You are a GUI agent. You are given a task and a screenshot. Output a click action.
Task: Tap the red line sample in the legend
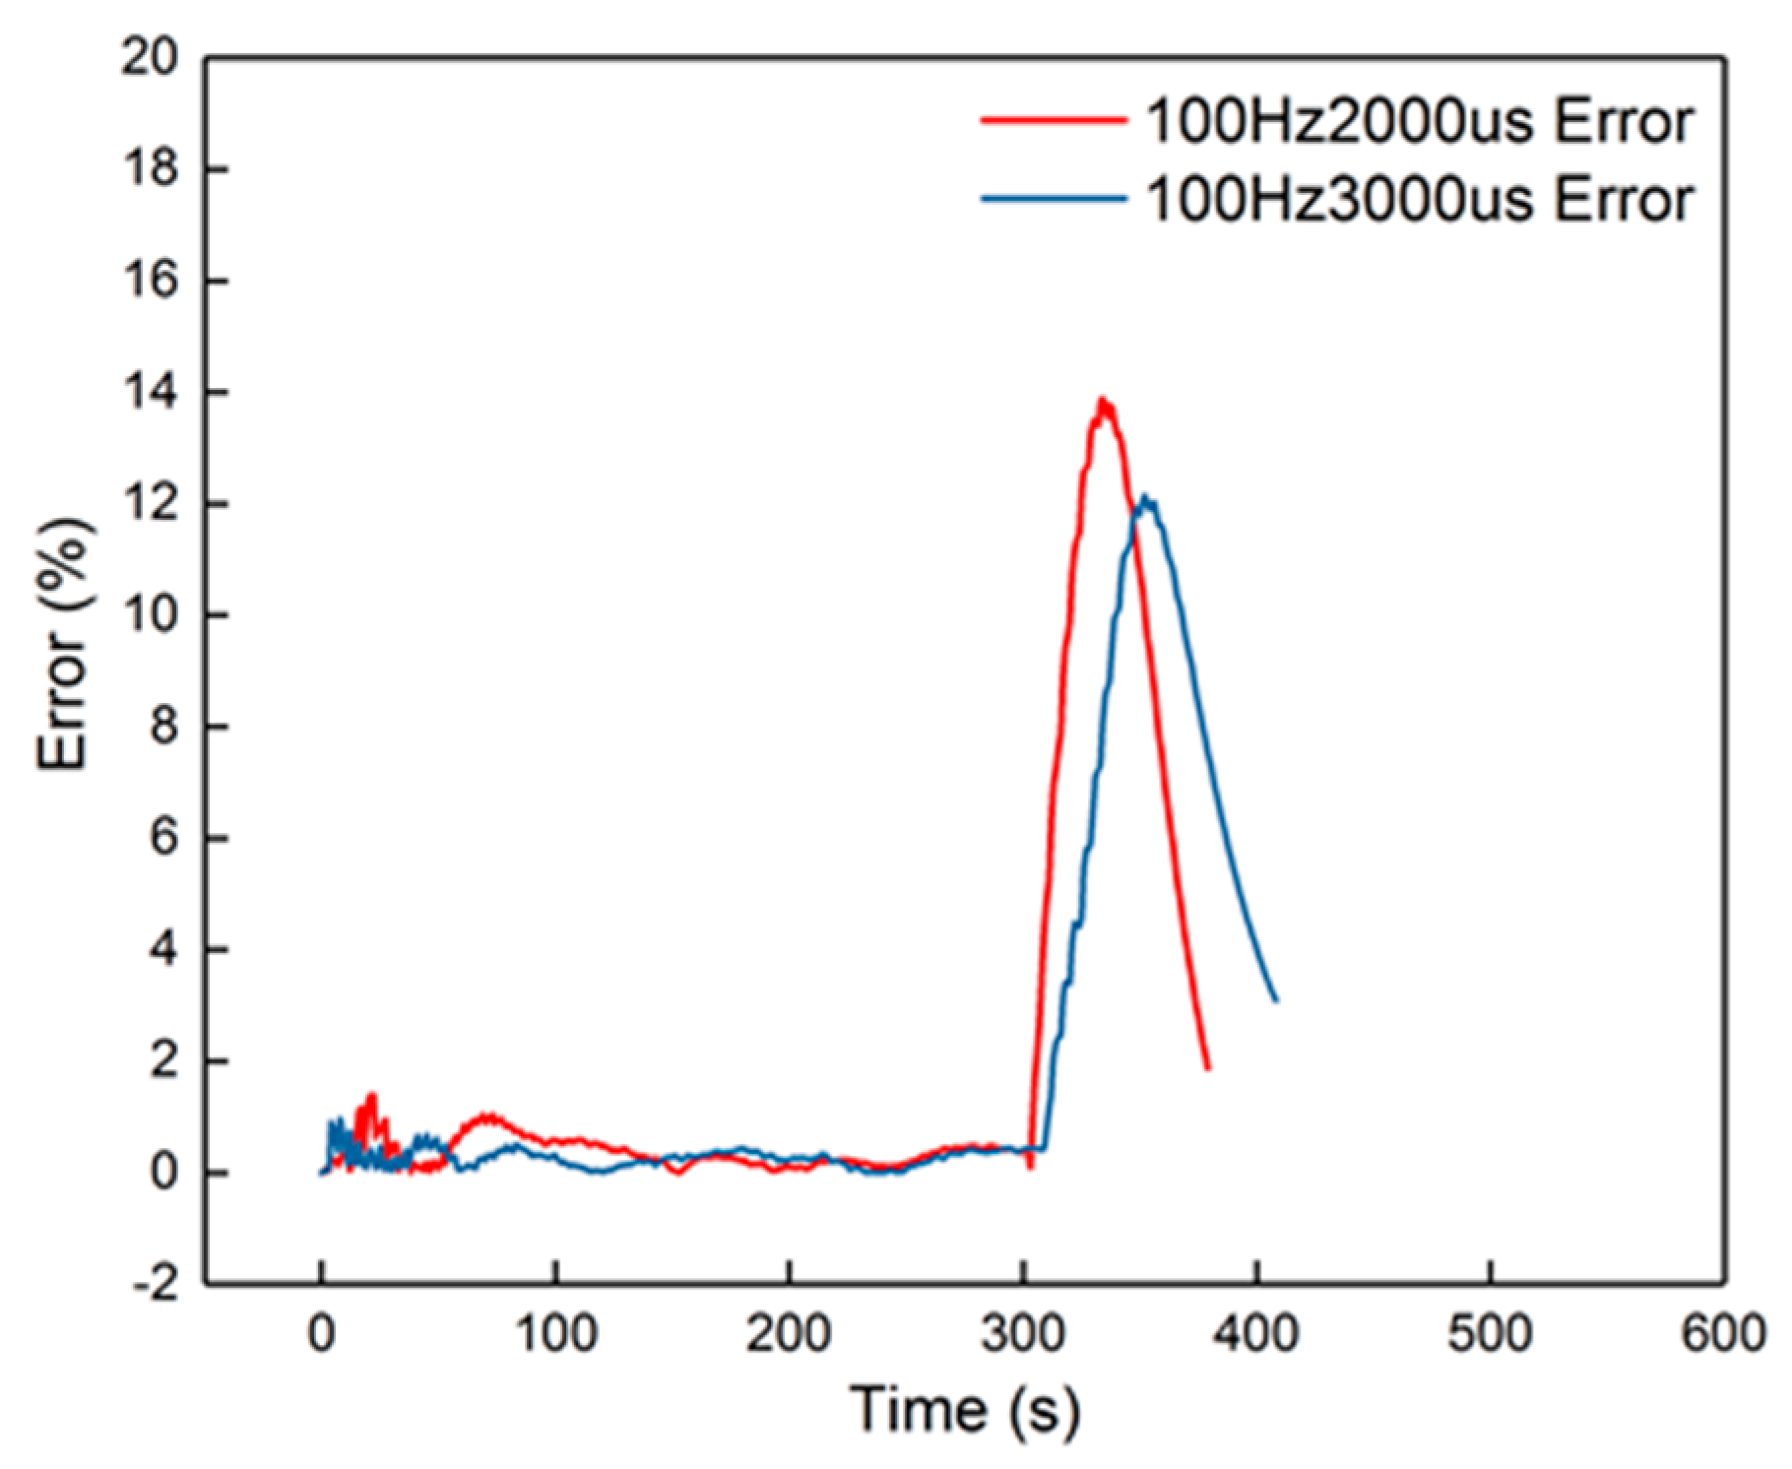(x=1054, y=120)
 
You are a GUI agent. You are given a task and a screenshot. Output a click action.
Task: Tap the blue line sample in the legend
(x=1054, y=199)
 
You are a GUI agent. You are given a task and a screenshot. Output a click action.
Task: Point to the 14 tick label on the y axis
(x=150, y=393)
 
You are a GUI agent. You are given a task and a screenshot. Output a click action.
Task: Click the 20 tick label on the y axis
(x=150, y=58)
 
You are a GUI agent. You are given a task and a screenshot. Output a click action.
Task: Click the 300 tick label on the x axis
(x=1023, y=1335)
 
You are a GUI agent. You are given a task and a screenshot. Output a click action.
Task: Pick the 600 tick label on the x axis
(x=1723, y=1335)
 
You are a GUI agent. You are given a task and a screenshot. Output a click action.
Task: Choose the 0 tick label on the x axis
(x=321, y=1335)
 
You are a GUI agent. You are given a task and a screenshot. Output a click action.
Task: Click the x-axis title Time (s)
(x=965, y=1409)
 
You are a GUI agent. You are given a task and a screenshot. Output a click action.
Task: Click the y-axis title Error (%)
(x=63, y=645)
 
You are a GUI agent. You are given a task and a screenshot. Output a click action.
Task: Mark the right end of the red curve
(x=1208, y=1068)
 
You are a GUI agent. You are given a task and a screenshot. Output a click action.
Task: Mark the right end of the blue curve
(x=1277, y=1001)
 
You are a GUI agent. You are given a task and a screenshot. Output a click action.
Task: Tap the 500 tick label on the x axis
(x=1490, y=1335)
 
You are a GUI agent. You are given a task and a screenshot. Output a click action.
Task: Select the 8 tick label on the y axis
(x=162, y=727)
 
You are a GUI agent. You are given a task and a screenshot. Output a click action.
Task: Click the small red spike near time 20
(x=371, y=1095)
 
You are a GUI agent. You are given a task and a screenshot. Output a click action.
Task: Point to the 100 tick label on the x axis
(x=554, y=1335)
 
